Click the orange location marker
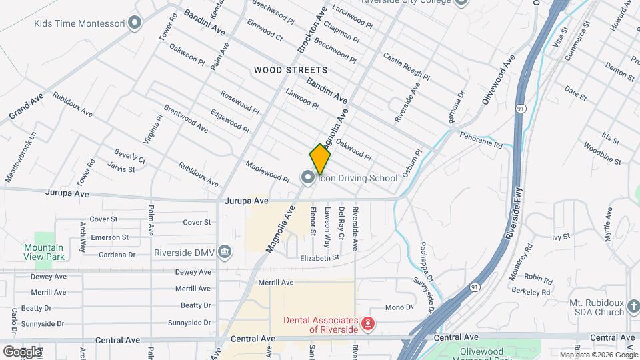[320, 159]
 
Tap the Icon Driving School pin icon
[307, 177]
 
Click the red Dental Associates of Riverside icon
[366, 324]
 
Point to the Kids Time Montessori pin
[135, 23]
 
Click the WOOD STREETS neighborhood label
[290, 70]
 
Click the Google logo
[22, 351]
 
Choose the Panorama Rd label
[481, 139]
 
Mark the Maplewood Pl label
[267, 172]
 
